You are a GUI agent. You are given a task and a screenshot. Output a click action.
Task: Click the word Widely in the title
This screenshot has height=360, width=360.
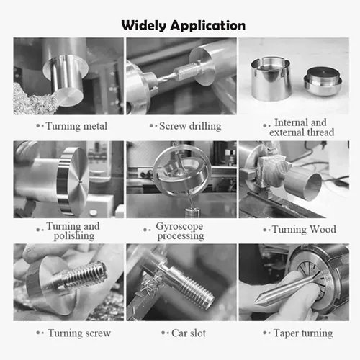click(144, 26)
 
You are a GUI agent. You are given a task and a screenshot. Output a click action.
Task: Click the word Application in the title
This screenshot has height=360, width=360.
click(208, 26)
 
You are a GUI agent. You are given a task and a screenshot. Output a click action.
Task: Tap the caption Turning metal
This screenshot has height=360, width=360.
click(76, 126)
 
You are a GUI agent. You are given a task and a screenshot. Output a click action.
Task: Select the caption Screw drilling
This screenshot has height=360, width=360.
click(190, 126)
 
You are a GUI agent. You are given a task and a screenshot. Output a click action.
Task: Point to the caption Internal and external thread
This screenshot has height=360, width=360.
click(302, 127)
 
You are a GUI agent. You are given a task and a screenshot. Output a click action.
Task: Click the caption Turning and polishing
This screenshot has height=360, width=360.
click(73, 231)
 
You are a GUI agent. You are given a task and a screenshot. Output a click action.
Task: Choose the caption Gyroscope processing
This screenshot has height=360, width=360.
click(181, 231)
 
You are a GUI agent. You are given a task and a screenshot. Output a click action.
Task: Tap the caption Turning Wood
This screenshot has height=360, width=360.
click(304, 230)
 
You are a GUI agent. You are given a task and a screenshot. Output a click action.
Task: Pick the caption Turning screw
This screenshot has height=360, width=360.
click(79, 333)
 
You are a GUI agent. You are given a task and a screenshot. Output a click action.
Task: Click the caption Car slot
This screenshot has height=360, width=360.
click(189, 333)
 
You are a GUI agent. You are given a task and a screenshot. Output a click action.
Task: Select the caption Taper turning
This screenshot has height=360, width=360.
click(303, 333)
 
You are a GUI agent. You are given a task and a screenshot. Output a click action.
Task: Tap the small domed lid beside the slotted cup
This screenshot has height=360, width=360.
click(323, 81)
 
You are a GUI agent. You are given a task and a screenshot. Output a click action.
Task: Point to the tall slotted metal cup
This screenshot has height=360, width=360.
click(271, 78)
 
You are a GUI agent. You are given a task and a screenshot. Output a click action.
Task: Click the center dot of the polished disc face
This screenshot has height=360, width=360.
click(80, 181)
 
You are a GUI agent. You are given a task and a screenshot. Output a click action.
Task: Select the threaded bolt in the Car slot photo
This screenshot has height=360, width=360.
click(189, 286)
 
